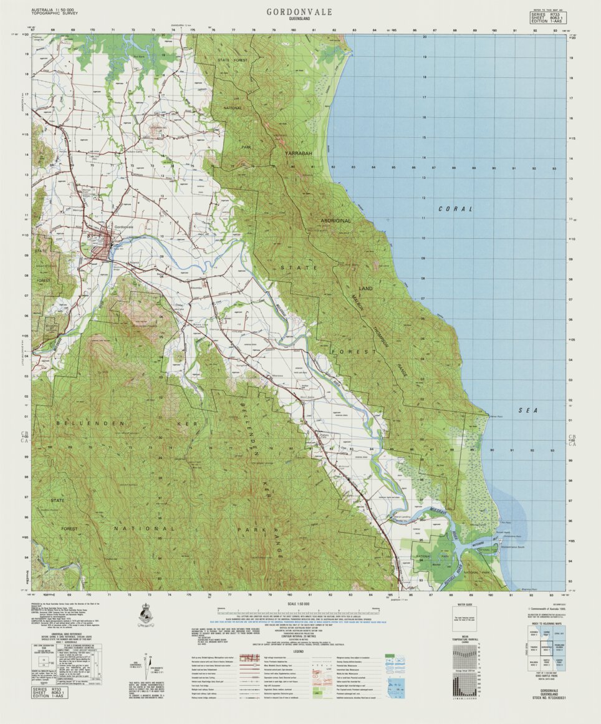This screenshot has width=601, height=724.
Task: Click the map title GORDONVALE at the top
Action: tap(299, 12)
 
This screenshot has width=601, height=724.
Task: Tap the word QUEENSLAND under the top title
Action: tap(299, 19)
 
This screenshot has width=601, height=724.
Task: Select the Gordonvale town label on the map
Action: tap(124, 227)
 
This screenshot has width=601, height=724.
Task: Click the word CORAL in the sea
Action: tap(455, 209)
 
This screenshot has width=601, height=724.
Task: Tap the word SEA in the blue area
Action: tap(527, 410)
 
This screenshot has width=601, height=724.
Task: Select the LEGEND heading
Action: tap(299, 651)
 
